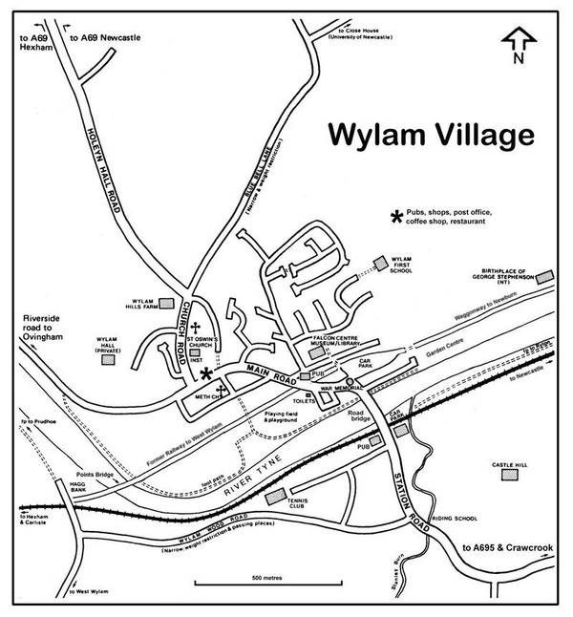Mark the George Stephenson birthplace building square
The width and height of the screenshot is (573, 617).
click(545, 277)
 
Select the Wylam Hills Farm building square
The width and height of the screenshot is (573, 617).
click(166, 303)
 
